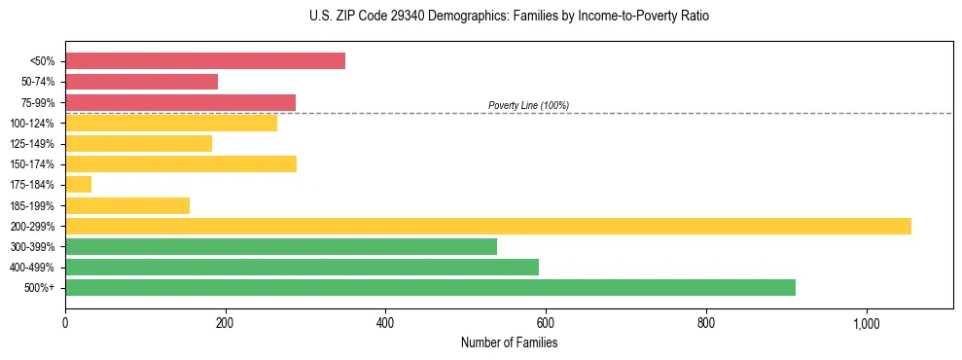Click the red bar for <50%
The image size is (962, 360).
tap(204, 61)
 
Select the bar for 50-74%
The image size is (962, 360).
tap(141, 82)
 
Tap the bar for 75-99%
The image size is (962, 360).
tap(180, 102)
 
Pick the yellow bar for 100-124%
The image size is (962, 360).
tap(170, 123)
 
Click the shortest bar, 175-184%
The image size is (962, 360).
tap(78, 184)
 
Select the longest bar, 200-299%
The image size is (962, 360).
tap(487, 226)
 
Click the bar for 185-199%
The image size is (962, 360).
tap(127, 205)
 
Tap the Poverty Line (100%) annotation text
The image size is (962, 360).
tap(528, 105)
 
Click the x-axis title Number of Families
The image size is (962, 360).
tap(509, 342)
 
